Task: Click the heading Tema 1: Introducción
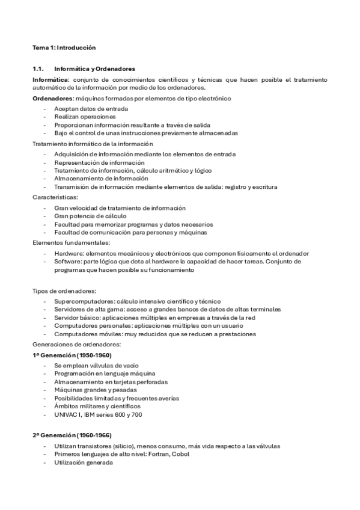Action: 63,47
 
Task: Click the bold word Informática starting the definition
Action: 50,79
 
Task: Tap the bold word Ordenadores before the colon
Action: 52,98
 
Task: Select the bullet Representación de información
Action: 99,162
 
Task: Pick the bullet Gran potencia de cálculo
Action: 90,216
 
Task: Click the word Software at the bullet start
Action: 66,262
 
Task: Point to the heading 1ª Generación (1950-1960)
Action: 72,355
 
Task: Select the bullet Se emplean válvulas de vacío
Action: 96,365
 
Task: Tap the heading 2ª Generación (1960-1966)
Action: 72,435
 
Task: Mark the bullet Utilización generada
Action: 83,462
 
